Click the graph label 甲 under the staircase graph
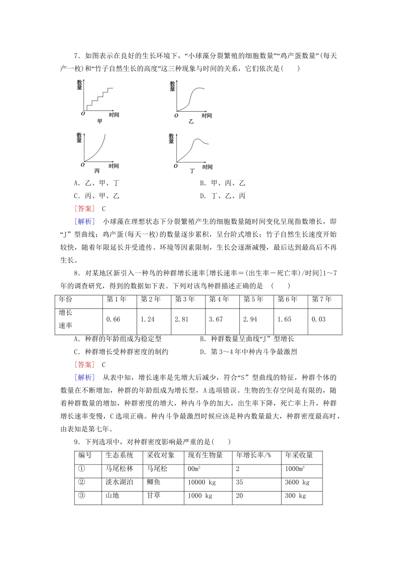[99, 122]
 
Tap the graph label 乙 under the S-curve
[191, 122]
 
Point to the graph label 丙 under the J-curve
[97, 171]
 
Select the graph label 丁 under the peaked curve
[192, 171]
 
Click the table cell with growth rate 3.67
[216, 319]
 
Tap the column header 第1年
[117, 299]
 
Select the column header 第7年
[322, 299]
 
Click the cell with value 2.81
[182, 319]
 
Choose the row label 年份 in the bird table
[66, 299]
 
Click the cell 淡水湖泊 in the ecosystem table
[119, 482]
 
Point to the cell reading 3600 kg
[297, 482]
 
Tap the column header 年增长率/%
[254, 455]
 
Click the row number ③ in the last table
[82, 496]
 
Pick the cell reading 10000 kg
[202, 482]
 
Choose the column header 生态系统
[119, 455]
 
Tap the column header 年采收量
[299, 455]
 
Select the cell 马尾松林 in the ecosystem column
[119, 469]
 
